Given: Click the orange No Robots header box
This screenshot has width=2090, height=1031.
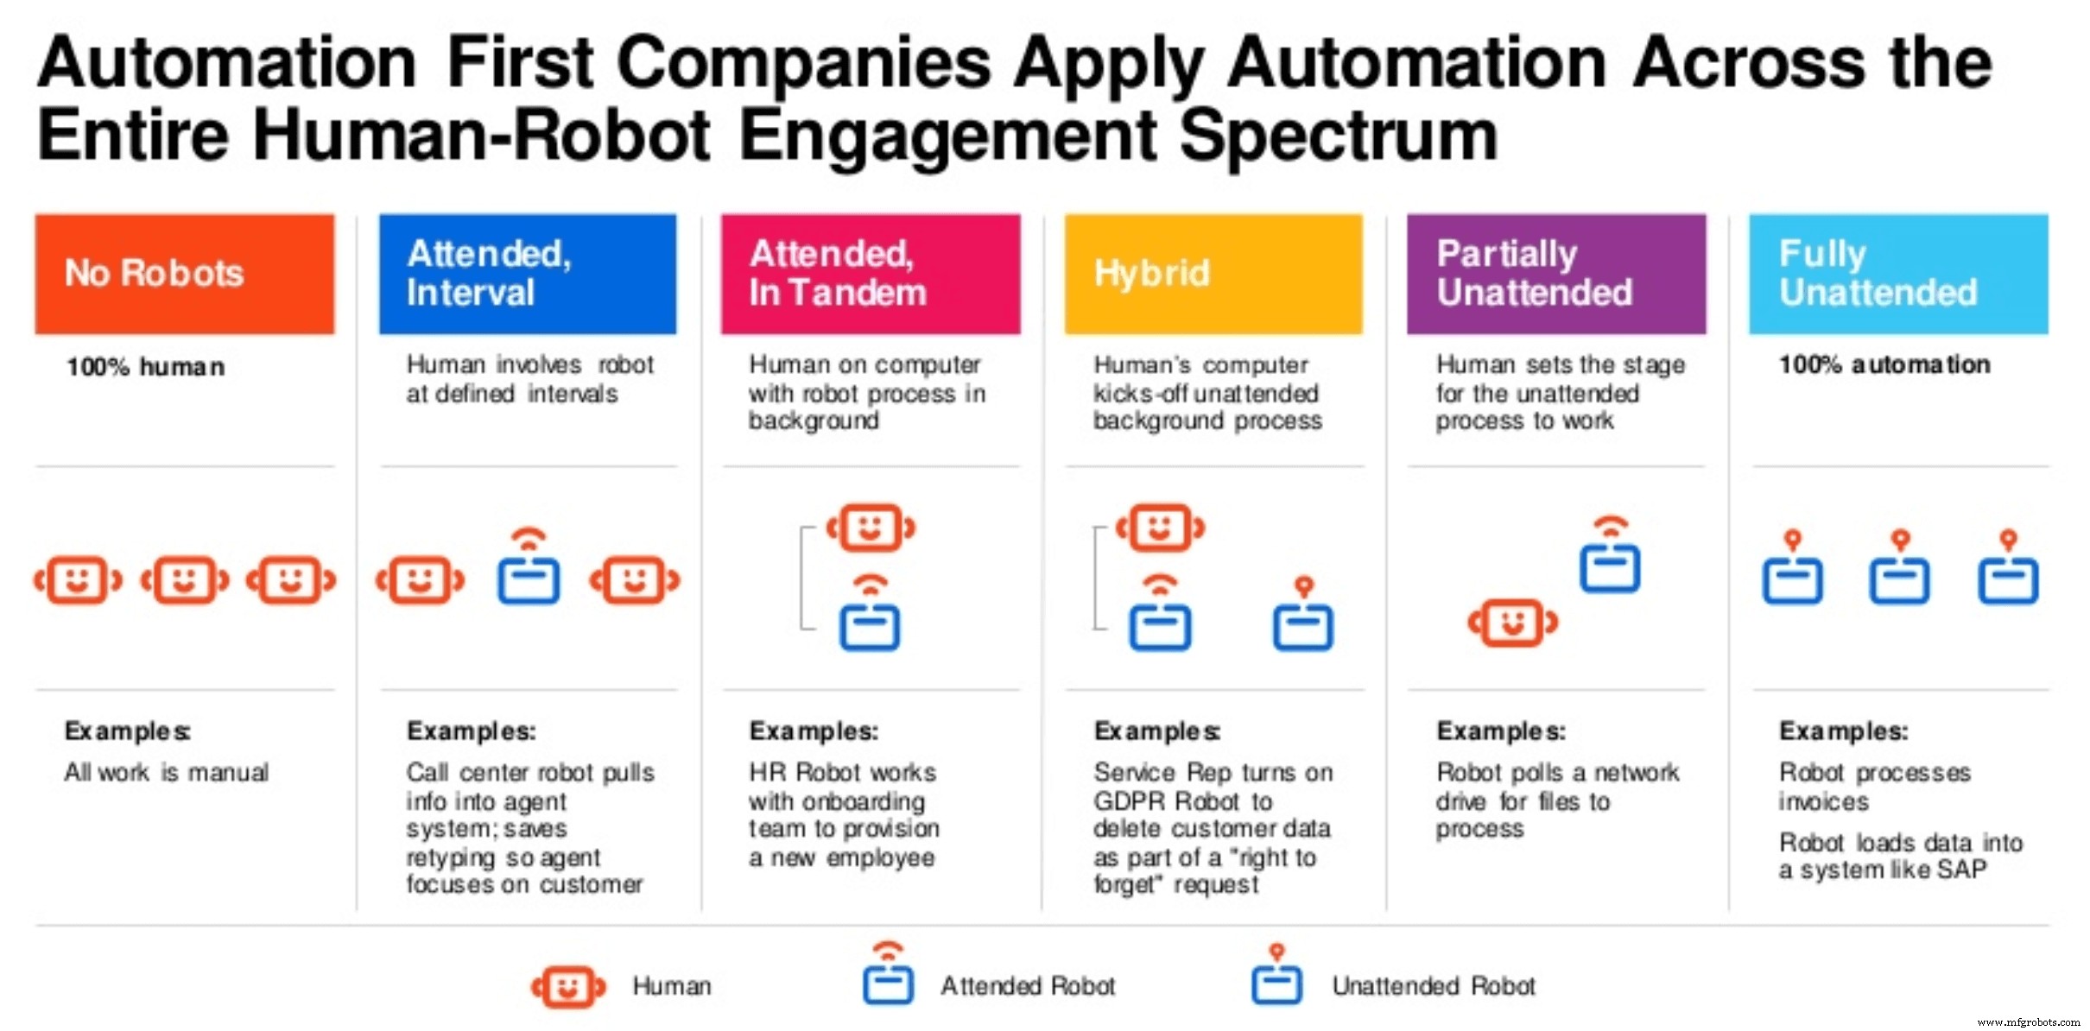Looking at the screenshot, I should tap(184, 274).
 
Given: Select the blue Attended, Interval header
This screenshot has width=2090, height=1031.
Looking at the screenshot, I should tap(527, 274).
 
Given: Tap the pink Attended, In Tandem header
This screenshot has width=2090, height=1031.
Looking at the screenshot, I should tap(870, 274).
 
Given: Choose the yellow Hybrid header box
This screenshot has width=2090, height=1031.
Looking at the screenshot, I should tap(1213, 274).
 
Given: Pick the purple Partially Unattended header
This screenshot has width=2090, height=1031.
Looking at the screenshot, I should tap(1555, 274).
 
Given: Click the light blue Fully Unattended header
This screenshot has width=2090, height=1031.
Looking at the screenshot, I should tap(1897, 274).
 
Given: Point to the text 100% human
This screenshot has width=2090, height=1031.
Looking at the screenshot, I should tap(145, 367).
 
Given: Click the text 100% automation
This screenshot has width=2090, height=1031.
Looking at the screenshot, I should tap(1884, 364).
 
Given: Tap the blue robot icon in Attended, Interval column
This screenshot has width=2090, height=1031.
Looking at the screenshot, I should tap(528, 571).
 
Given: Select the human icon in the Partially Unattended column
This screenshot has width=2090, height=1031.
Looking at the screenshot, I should tap(1512, 622).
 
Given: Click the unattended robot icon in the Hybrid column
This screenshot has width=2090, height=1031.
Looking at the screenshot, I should tap(1302, 617).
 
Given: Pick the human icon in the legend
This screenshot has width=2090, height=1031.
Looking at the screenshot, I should tap(567, 986).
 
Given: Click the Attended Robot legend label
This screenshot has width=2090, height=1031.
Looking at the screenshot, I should tap(1027, 985).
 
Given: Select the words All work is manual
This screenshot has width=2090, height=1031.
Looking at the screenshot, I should tap(166, 772).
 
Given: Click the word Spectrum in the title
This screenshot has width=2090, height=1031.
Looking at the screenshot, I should tap(1338, 136).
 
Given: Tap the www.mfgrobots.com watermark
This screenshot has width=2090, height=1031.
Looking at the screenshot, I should tap(2028, 1022).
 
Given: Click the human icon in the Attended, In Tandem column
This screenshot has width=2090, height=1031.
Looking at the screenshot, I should tap(871, 528).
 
